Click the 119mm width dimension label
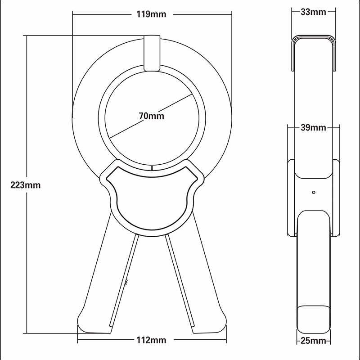click(151, 14)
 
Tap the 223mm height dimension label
click(26, 185)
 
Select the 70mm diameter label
click(152, 116)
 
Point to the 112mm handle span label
click(151, 340)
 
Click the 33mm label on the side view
click(313, 12)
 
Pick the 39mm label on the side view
click(313, 128)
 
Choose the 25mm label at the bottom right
click(313, 341)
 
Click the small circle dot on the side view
click(314, 192)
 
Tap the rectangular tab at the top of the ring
click(152, 53)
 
